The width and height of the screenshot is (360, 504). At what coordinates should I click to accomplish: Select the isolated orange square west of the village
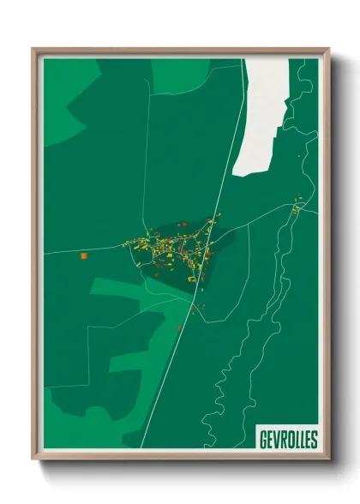84,255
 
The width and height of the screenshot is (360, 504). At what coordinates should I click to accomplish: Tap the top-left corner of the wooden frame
34,50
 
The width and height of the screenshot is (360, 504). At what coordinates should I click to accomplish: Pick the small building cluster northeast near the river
297,208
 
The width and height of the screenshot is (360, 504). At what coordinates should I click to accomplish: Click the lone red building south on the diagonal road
179,327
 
